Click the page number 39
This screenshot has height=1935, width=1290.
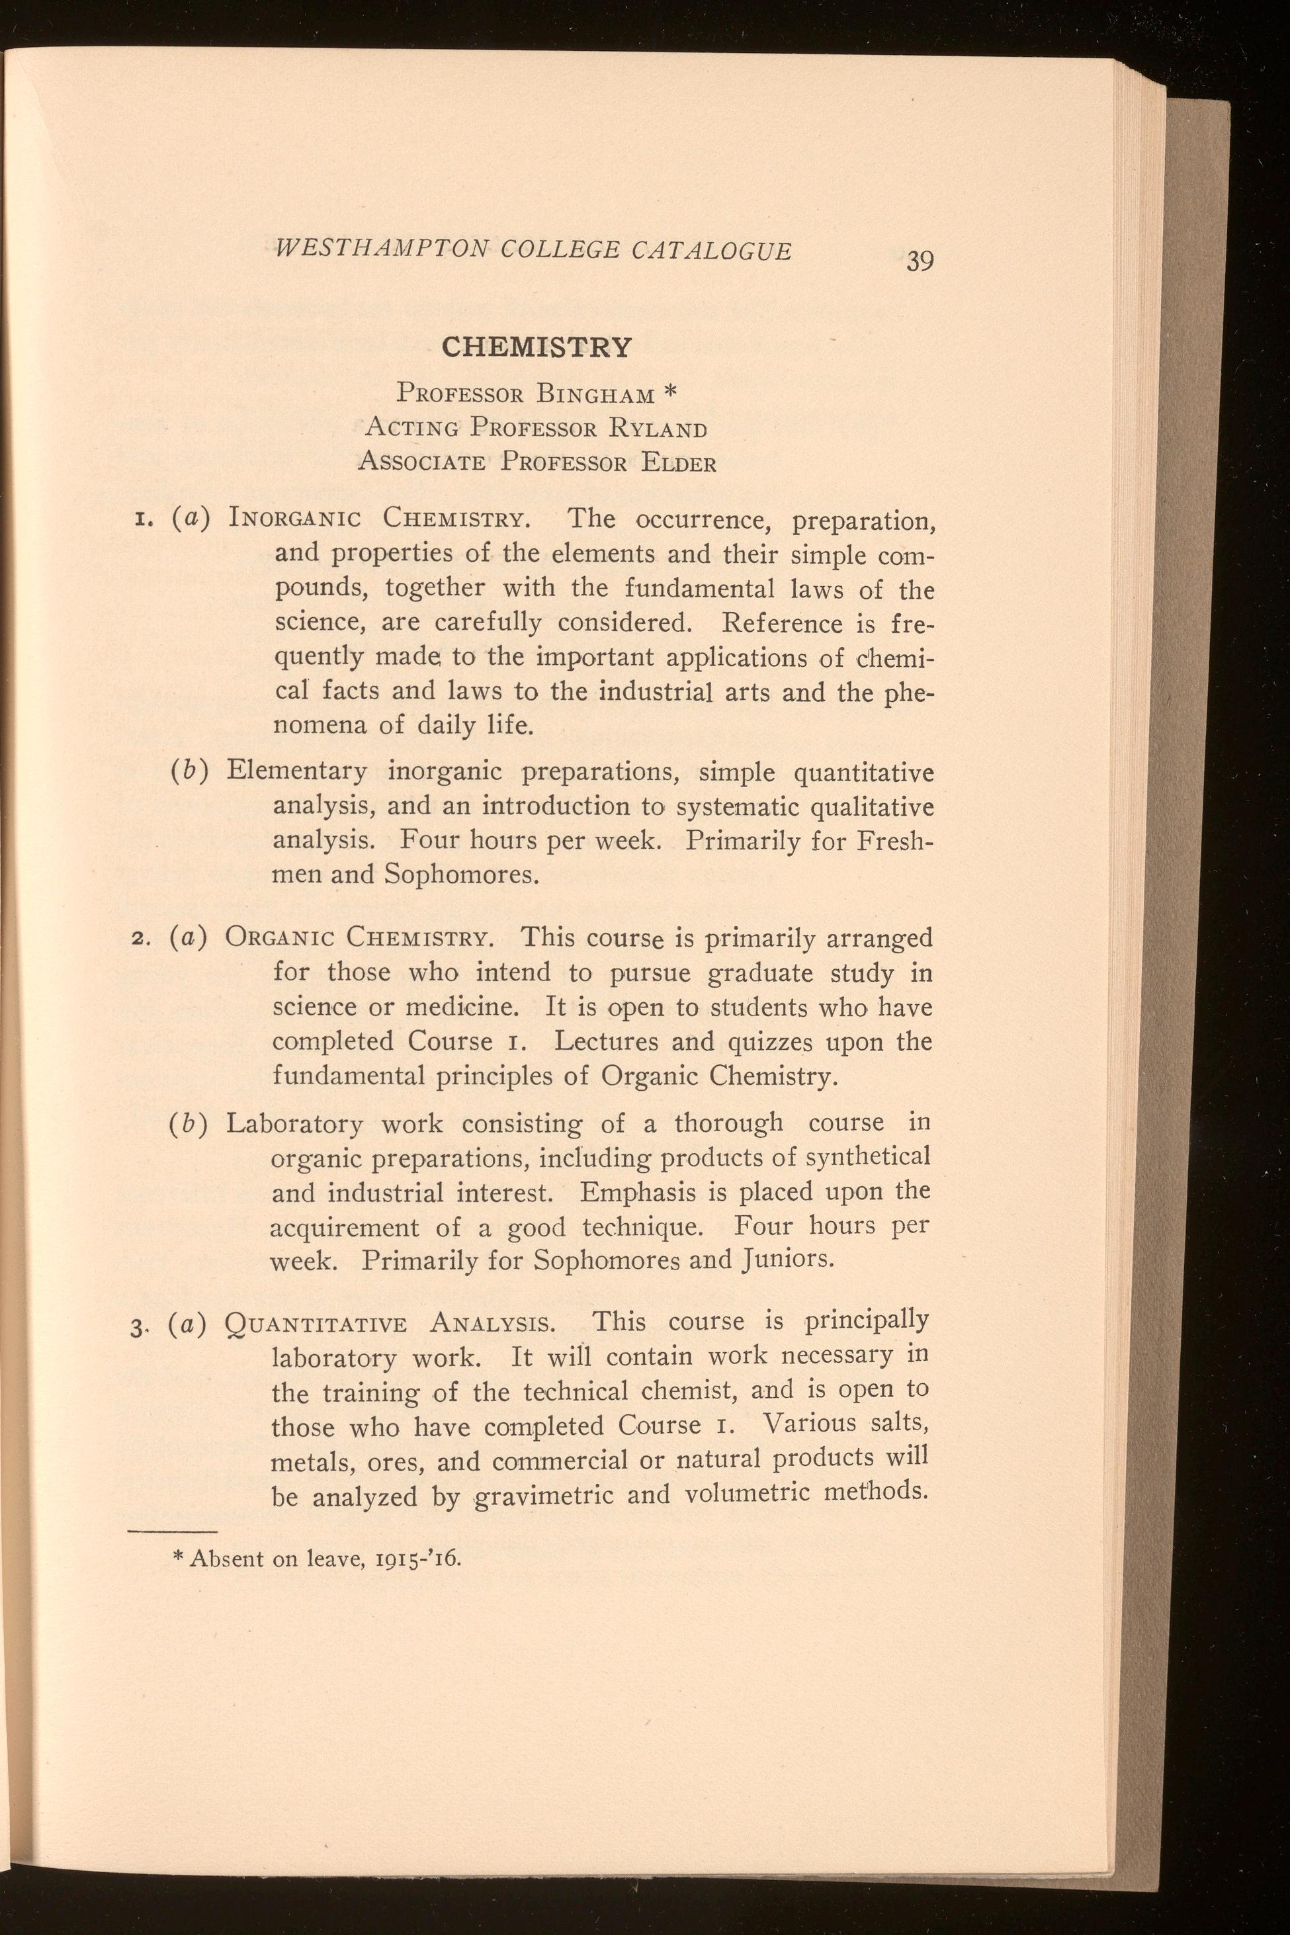920,261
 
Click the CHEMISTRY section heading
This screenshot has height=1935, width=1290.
537,347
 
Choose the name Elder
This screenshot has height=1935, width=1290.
678,463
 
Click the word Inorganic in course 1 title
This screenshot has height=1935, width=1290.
295,520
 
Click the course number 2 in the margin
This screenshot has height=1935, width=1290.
136,939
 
